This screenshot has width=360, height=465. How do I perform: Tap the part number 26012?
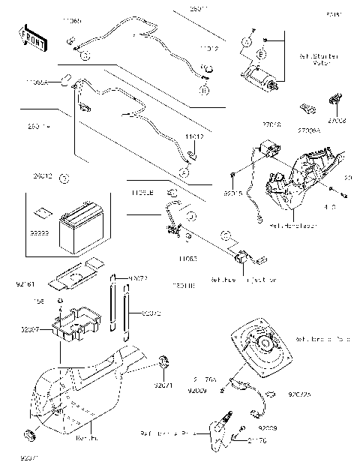click(x=41, y=178)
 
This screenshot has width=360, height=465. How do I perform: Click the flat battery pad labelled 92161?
click(x=73, y=274)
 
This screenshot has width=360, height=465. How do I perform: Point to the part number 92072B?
click(x=300, y=392)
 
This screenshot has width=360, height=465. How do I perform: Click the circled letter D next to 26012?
click(x=64, y=178)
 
